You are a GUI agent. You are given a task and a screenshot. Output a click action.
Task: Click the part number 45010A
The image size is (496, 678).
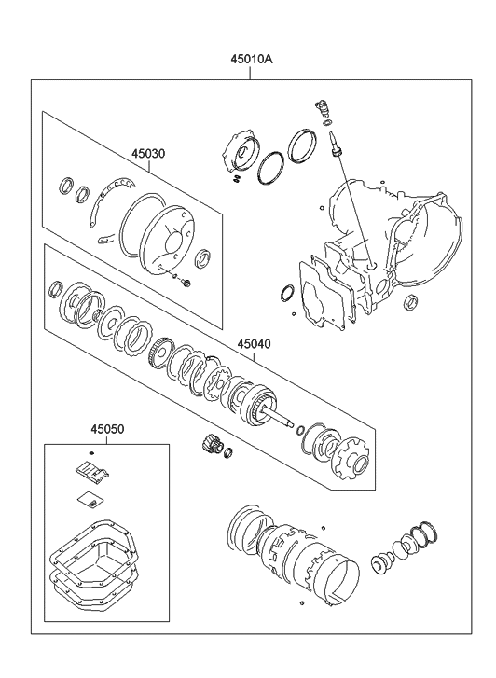(251, 60)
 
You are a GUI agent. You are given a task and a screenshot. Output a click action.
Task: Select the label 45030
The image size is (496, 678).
(148, 154)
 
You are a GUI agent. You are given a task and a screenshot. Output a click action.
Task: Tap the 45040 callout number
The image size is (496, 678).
(254, 344)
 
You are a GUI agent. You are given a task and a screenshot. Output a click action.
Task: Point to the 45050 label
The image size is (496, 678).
(107, 429)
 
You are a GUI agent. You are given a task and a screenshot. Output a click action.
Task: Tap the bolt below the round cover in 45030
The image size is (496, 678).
(186, 284)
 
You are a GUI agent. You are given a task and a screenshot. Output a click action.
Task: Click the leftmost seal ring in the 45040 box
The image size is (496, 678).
(55, 289)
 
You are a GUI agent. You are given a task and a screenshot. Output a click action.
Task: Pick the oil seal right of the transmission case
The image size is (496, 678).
(410, 302)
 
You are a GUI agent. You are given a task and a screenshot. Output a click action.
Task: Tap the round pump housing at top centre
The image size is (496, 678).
(241, 152)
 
